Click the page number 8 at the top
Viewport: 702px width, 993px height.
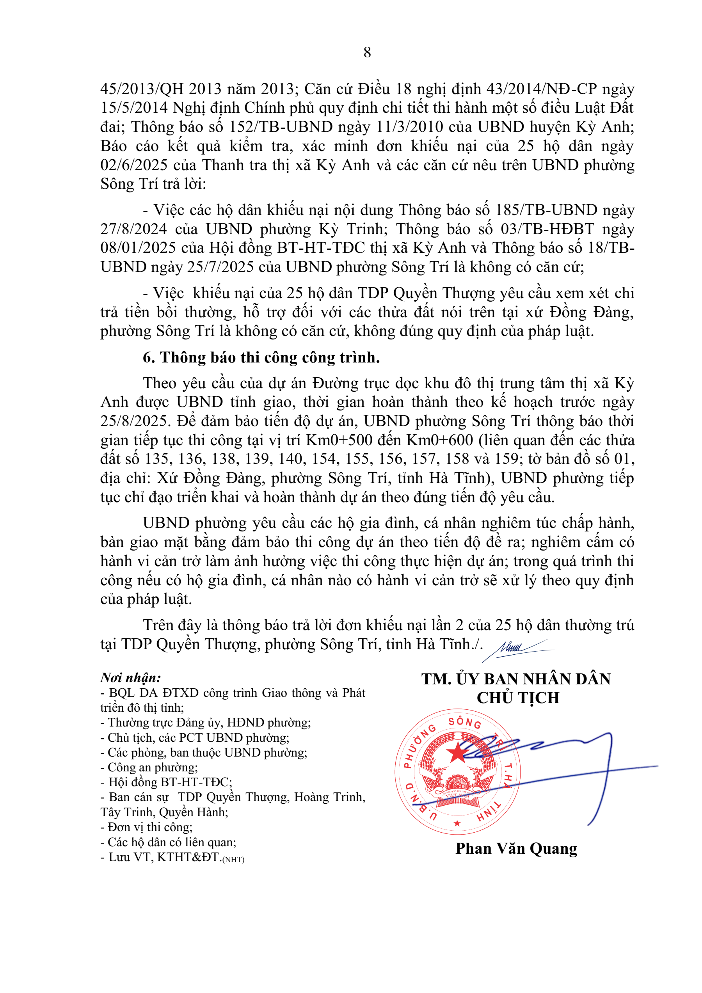click(x=367, y=52)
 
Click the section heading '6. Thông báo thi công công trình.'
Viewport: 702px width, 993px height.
click(x=261, y=357)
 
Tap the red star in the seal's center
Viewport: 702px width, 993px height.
click(x=457, y=752)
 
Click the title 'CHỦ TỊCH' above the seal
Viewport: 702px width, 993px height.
click(x=518, y=698)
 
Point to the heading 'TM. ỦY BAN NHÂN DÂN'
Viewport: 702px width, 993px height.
click(x=516, y=679)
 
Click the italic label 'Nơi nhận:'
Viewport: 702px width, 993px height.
click(x=131, y=677)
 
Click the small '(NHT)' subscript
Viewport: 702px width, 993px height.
click(x=234, y=859)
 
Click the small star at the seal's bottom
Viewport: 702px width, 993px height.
click(x=457, y=823)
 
